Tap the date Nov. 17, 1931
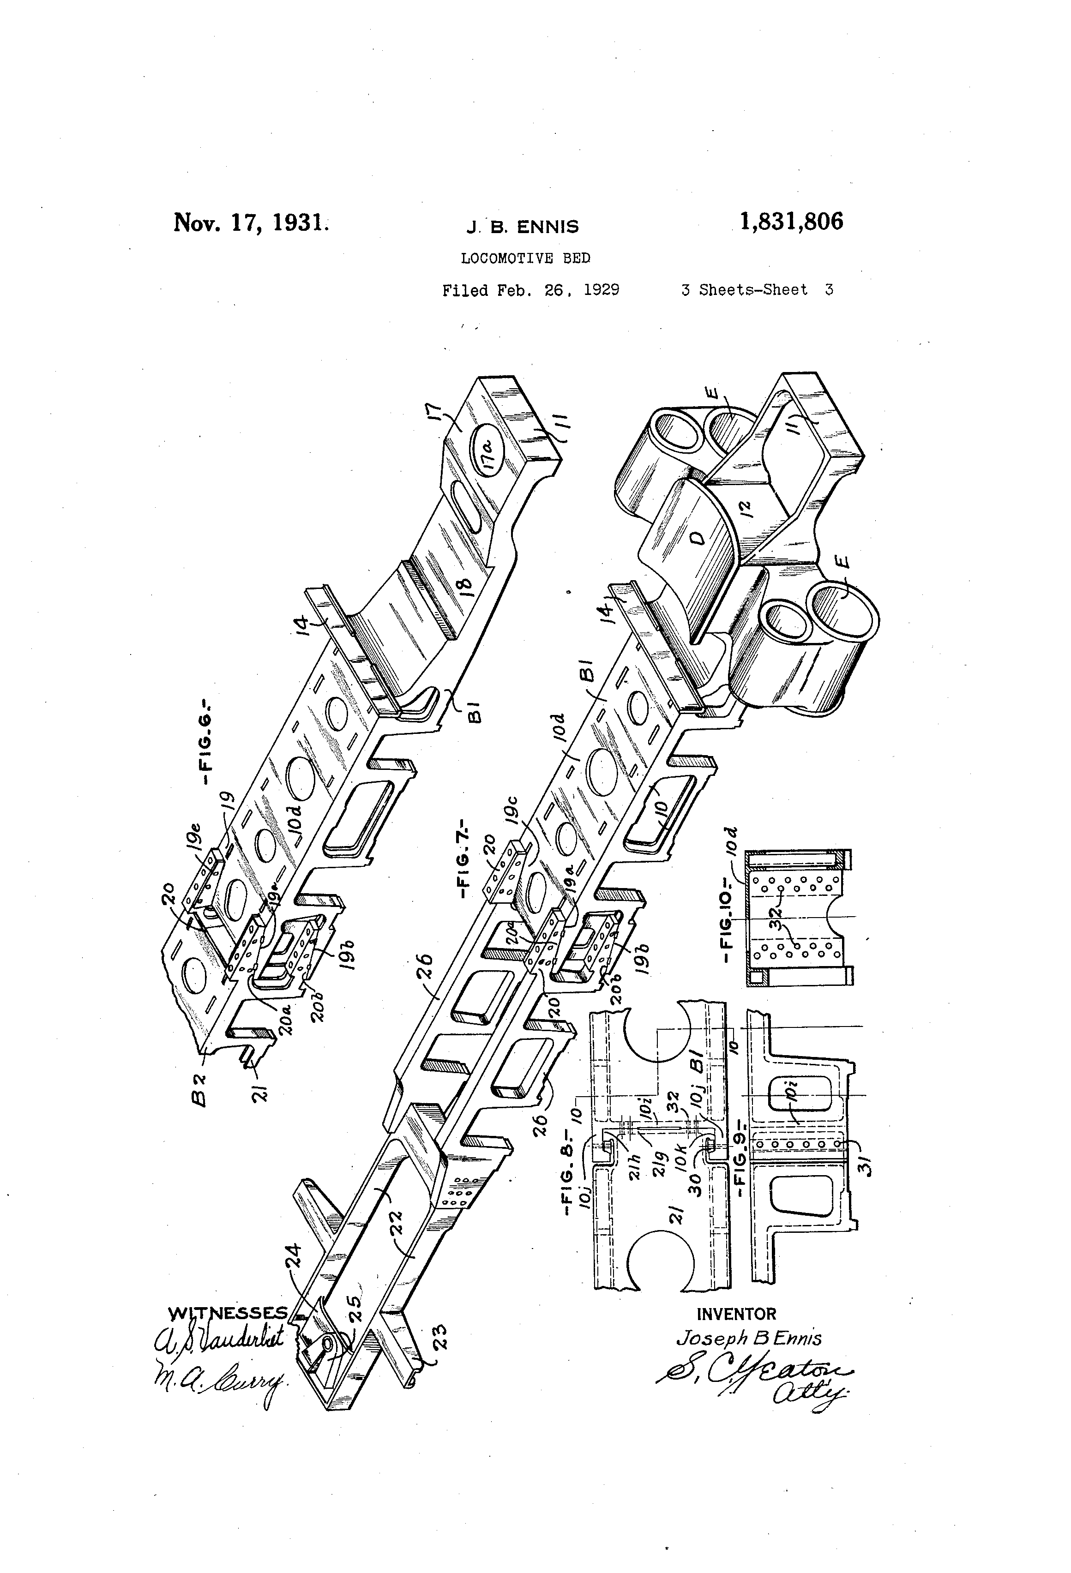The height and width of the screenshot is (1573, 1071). point(251,222)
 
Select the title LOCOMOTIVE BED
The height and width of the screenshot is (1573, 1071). point(525,258)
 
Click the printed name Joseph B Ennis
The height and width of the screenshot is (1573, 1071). point(749,1338)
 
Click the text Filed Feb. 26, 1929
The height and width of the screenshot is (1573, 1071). point(531,290)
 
